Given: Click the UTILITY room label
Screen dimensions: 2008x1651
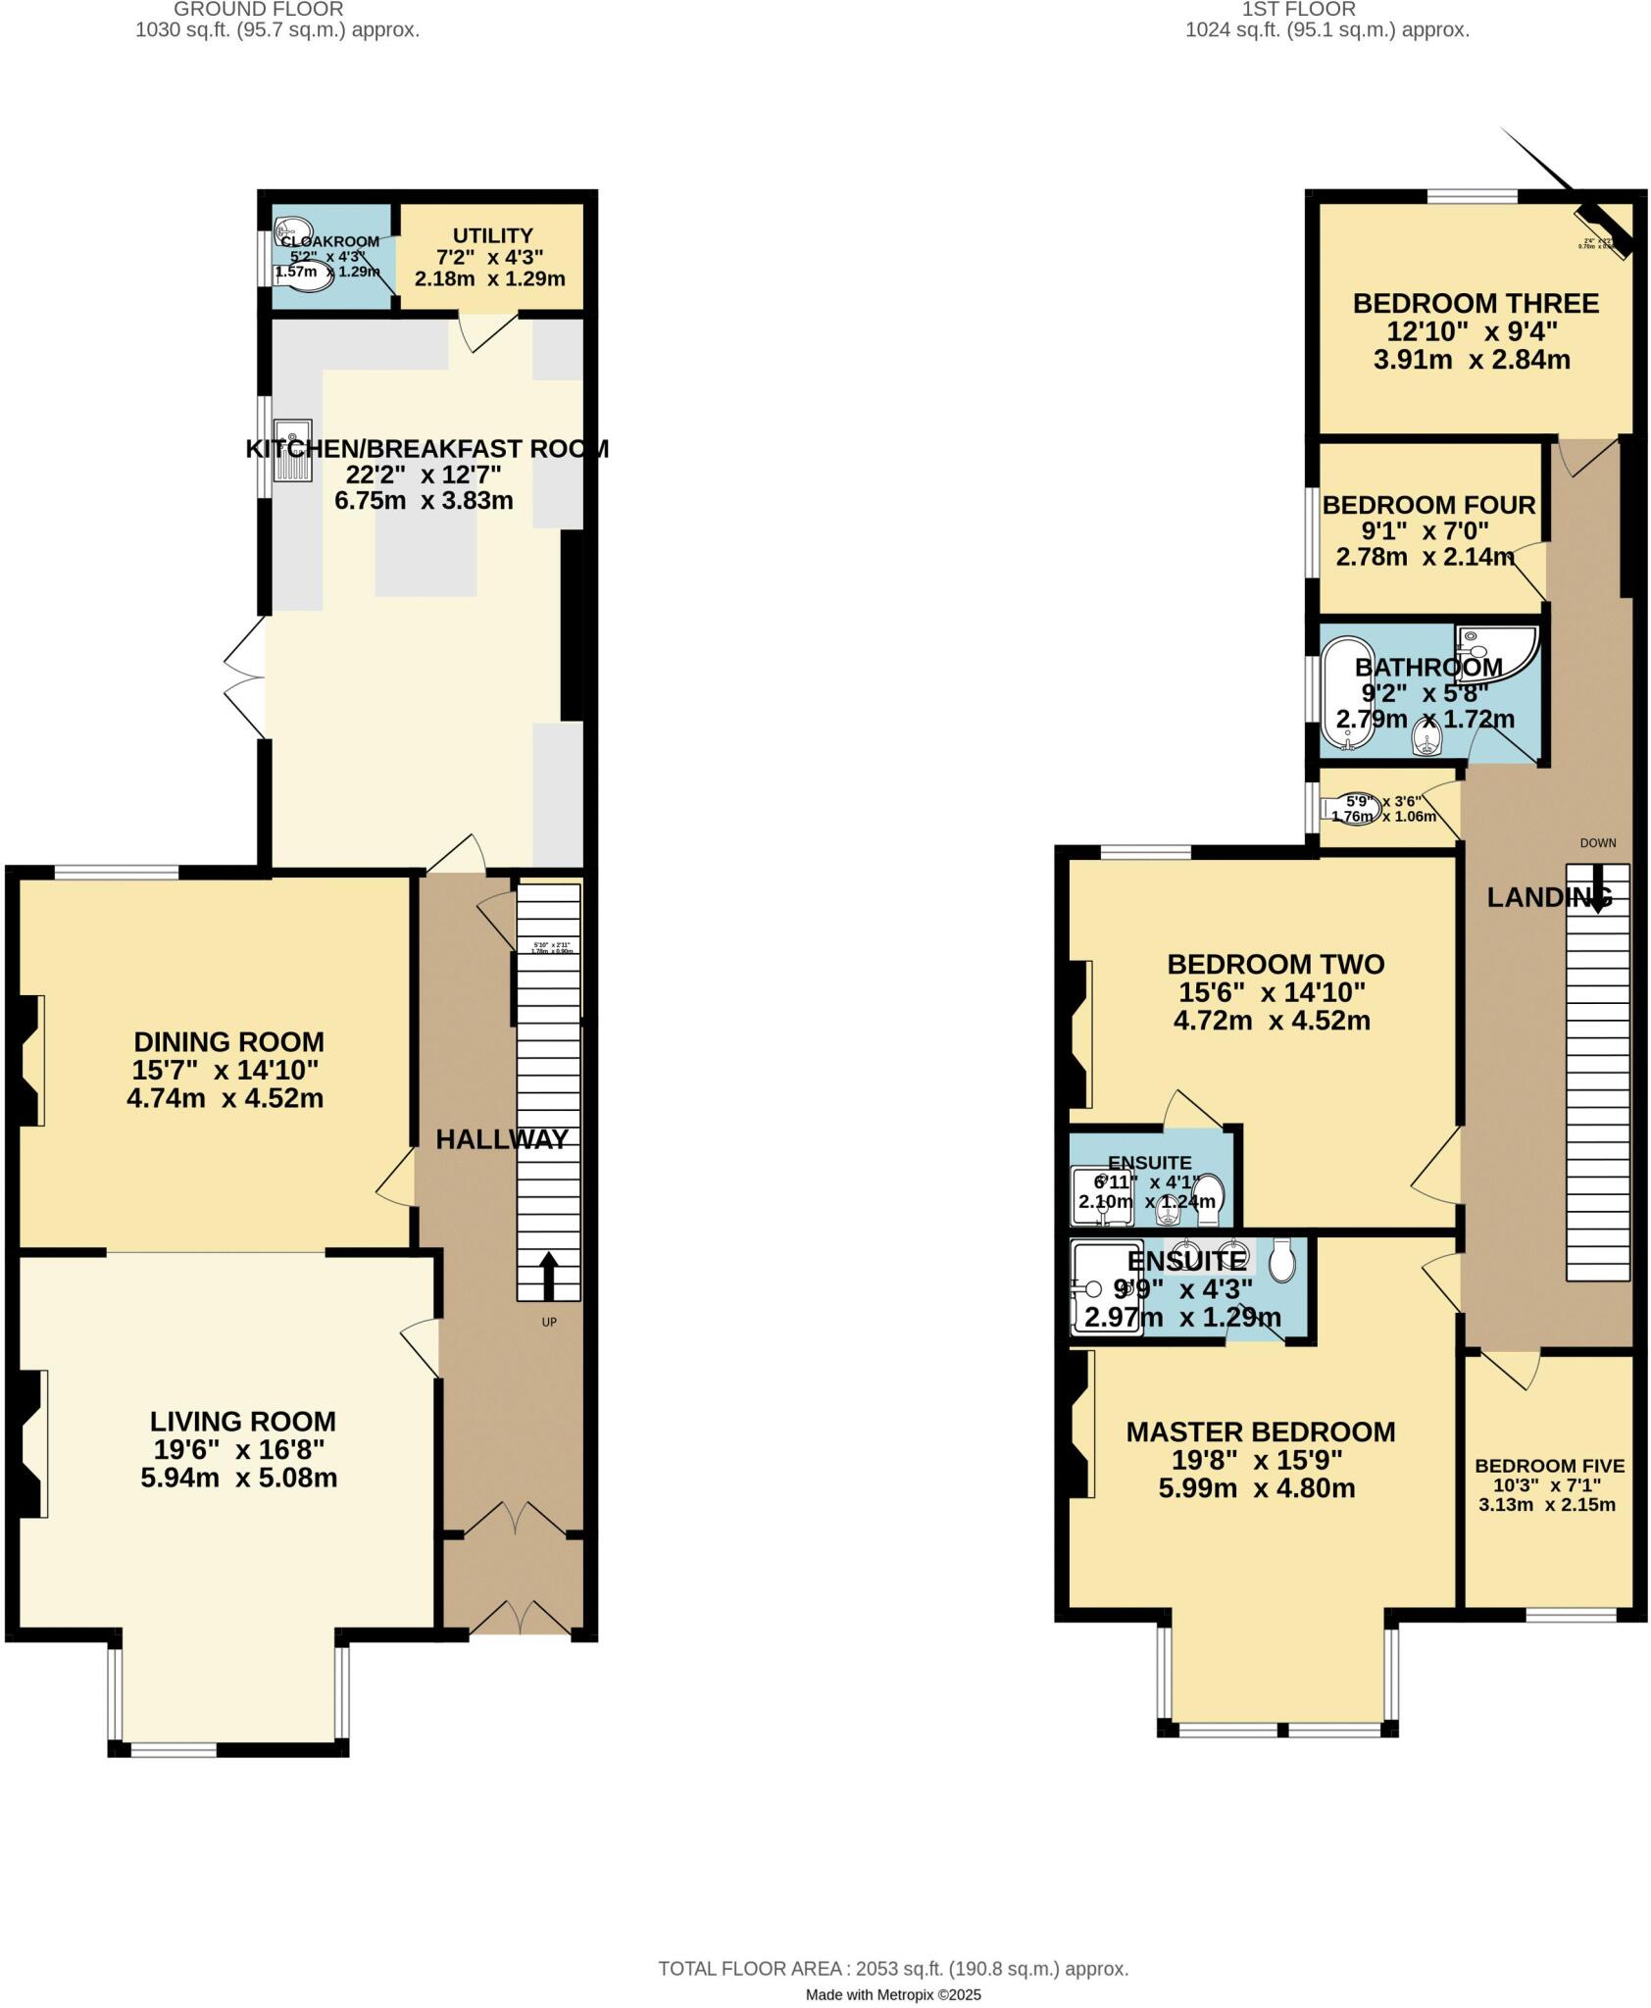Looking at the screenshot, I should point(492,236).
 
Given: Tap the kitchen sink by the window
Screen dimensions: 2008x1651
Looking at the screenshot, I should point(292,451).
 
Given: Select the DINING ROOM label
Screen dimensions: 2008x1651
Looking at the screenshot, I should point(228,1041).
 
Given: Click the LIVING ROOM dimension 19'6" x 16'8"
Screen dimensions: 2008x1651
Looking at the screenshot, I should point(238,1449).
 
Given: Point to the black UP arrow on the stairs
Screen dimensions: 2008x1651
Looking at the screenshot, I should point(548,1275).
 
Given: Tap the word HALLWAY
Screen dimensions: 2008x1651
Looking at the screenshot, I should point(501,1139).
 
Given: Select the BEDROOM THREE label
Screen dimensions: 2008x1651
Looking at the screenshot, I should point(1476,304).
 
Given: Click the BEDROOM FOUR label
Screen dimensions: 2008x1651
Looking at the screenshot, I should point(1428,506).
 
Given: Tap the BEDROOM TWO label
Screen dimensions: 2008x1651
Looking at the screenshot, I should point(1276,964).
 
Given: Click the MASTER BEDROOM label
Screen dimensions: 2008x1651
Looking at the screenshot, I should point(1260,1432).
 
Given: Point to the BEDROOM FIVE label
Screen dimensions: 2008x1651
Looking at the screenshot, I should point(1549,1466).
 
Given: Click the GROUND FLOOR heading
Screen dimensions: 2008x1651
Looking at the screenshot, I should point(259,10).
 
